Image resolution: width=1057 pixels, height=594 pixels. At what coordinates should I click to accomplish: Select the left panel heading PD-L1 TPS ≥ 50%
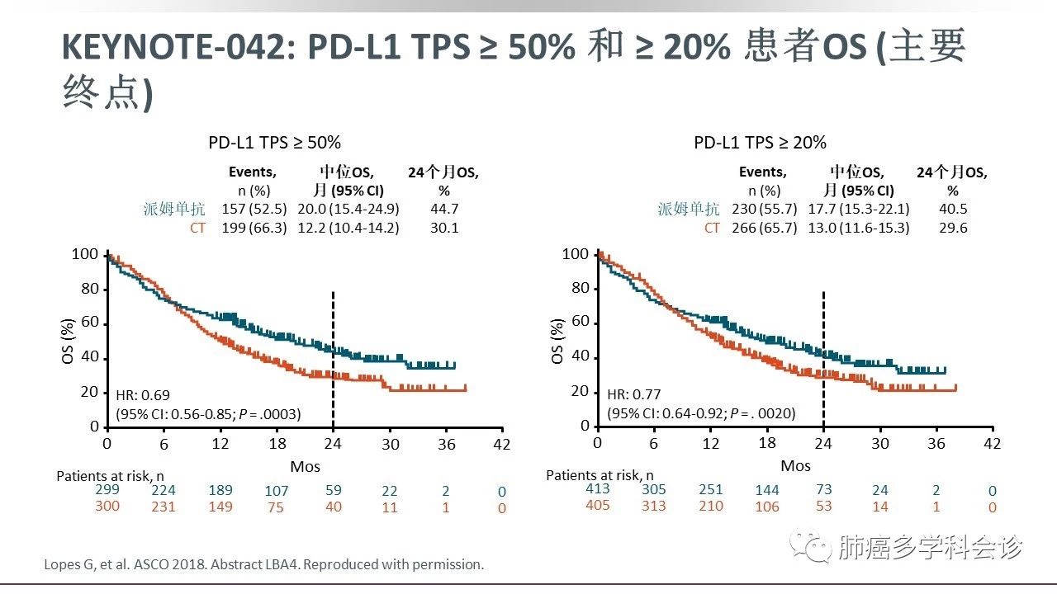(274, 143)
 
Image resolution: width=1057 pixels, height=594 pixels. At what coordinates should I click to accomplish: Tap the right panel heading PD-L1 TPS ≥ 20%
(760, 143)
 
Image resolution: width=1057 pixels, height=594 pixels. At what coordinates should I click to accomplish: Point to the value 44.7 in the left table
(444, 210)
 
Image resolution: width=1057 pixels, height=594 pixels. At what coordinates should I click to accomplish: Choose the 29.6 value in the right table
(953, 228)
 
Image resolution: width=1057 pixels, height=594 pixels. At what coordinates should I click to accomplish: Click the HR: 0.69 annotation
(142, 396)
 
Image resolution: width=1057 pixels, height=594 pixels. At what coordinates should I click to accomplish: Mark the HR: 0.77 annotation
(634, 395)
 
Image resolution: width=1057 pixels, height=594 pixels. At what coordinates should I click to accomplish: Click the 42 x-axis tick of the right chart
(993, 444)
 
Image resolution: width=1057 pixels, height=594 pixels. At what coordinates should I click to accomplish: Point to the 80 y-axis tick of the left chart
(90, 290)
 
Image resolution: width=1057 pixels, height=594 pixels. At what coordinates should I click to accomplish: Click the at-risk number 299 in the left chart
(107, 490)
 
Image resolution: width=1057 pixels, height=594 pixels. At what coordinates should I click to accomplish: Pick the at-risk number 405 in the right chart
(598, 506)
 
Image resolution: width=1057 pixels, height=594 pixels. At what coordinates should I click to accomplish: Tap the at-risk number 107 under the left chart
(277, 492)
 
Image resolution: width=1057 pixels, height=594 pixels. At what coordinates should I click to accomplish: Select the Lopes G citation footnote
(264, 565)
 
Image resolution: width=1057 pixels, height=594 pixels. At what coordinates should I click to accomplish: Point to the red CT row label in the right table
(712, 228)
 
